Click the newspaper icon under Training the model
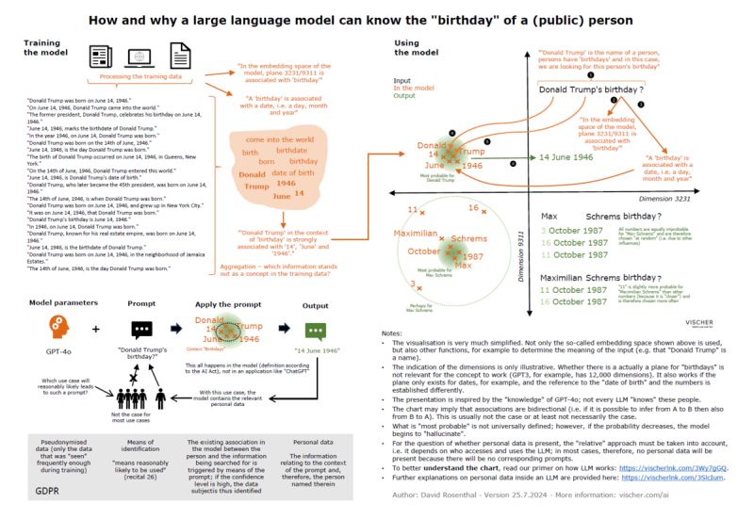click(x=101, y=57)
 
